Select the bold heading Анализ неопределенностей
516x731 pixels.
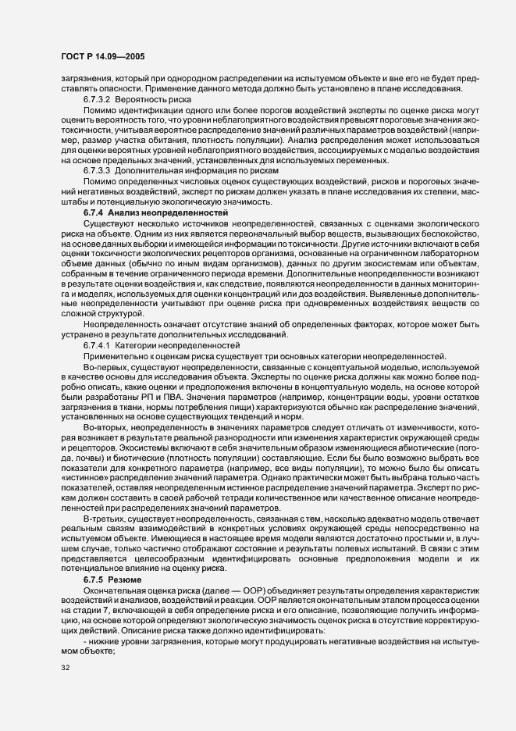(x=168, y=212)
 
